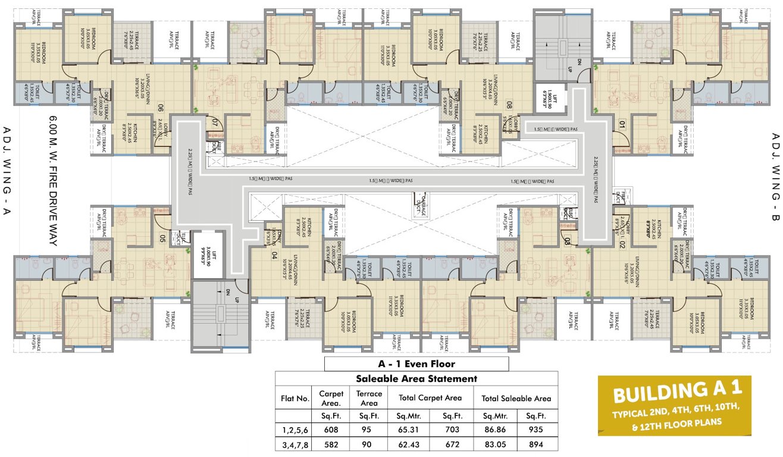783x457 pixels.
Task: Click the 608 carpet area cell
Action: pyautogui.click(x=331, y=428)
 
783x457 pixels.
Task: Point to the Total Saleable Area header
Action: pyautogui.click(x=516, y=398)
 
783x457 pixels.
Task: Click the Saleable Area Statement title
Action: pyautogui.click(x=416, y=378)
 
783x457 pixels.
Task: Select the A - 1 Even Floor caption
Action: pyautogui.click(x=416, y=364)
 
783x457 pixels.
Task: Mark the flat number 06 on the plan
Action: pyautogui.click(x=160, y=108)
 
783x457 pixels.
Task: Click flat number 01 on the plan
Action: pyautogui.click(x=622, y=124)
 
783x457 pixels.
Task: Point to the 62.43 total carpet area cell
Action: pyautogui.click(x=408, y=444)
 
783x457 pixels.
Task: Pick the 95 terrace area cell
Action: pyautogui.click(x=369, y=428)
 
